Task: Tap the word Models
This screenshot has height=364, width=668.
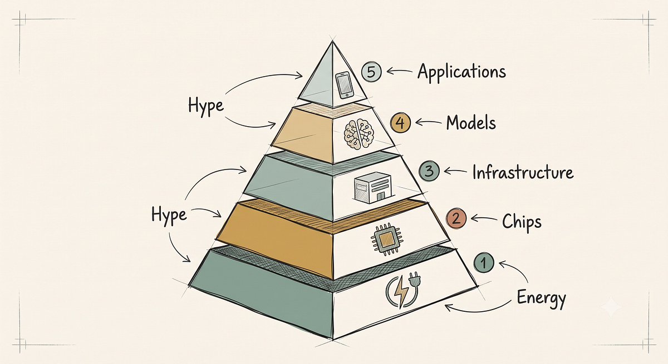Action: point(471,123)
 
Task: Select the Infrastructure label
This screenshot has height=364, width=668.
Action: point(523,173)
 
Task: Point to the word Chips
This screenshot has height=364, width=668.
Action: point(522,222)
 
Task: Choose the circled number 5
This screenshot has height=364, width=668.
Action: point(371,72)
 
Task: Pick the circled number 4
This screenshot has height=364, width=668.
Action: point(400,123)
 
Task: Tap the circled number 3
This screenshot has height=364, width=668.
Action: point(429,171)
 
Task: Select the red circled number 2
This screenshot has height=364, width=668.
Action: point(456,219)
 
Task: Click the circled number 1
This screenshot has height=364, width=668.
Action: point(484,262)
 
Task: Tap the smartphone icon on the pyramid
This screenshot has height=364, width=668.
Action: point(345,86)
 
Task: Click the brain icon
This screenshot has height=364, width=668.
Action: point(358,133)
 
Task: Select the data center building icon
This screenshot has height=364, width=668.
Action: point(373,187)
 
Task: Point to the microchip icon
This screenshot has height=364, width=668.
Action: point(386,240)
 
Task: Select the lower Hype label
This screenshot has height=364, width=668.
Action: point(169,215)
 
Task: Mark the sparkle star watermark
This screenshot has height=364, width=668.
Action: point(611,306)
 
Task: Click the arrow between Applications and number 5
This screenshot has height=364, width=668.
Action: point(400,71)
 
